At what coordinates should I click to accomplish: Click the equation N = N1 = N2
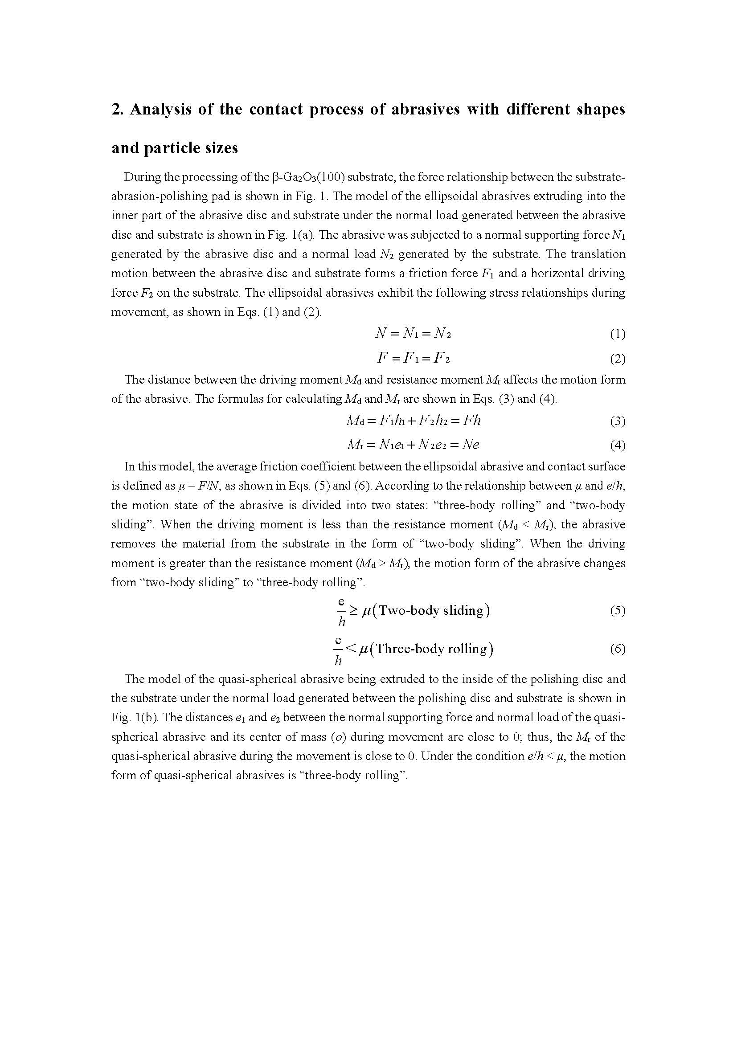click(413, 334)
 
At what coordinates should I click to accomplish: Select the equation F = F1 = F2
click(413, 358)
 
